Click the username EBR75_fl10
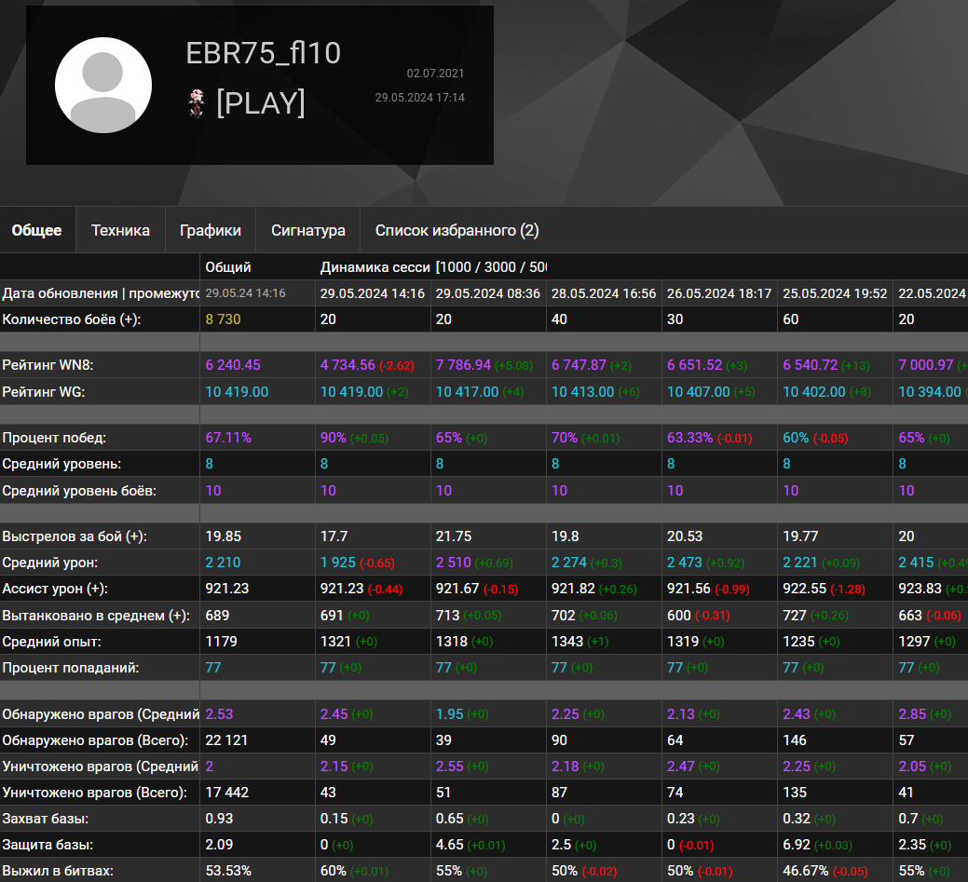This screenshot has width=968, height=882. (x=264, y=53)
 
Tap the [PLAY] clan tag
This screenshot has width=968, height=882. (x=261, y=102)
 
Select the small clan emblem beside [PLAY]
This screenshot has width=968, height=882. (x=197, y=103)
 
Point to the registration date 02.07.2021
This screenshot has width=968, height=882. (x=435, y=73)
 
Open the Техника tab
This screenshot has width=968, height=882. (x=120, y=231)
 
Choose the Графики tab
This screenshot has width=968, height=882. (x=210, y=231)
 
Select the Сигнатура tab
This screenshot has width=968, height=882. (x=308, y=231)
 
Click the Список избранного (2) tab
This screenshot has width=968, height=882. (x=457, y=231)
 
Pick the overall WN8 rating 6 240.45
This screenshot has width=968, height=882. (x=233, y=365)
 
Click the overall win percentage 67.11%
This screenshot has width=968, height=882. (x=228, y=438)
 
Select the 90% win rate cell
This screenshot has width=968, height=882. (x=334, y=438)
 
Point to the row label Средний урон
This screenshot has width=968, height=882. (x=50, y=563)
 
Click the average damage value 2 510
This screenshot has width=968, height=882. (x=454, y=563)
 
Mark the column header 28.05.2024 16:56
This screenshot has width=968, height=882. (x=604, y=293)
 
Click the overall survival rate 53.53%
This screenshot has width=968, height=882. (x=230, y=871)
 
